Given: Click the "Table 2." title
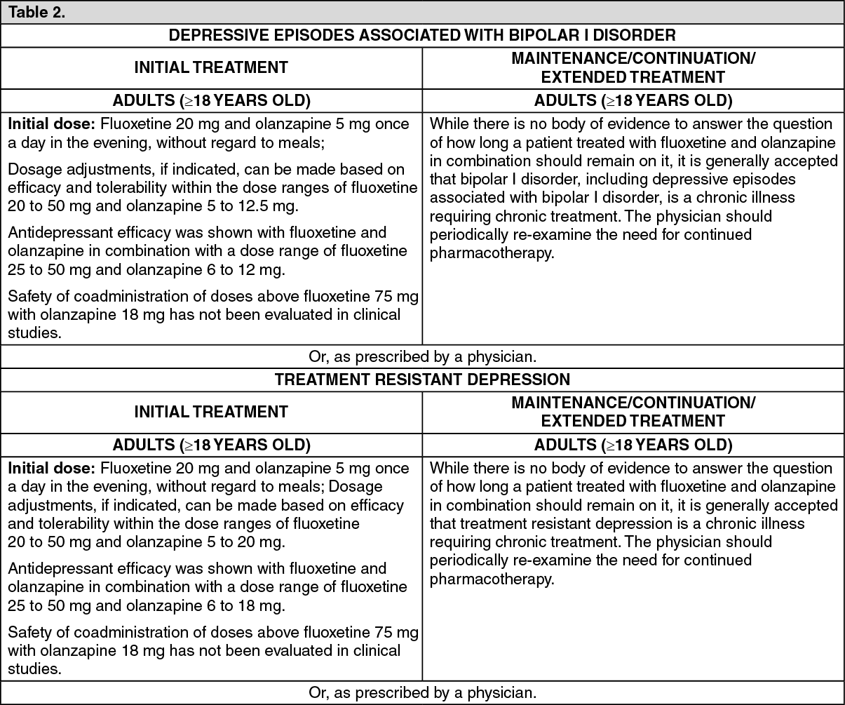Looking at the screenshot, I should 36,13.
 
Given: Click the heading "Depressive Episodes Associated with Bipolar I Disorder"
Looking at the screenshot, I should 422,35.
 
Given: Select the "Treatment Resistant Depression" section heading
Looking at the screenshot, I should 422,380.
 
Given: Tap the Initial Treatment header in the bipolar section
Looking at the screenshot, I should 211,67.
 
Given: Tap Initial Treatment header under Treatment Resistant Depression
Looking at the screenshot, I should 211,412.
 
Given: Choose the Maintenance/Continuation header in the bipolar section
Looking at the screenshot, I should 633,67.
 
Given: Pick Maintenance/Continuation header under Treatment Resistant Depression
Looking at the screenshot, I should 633,412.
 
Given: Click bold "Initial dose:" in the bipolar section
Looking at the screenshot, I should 52,124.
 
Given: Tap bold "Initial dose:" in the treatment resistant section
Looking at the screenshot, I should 52,468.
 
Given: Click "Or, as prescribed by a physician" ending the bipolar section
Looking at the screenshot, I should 422,356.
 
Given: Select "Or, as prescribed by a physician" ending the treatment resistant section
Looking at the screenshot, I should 422,693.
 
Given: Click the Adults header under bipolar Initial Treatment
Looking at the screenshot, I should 211,100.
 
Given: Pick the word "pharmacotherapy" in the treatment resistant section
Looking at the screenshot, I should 491,579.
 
